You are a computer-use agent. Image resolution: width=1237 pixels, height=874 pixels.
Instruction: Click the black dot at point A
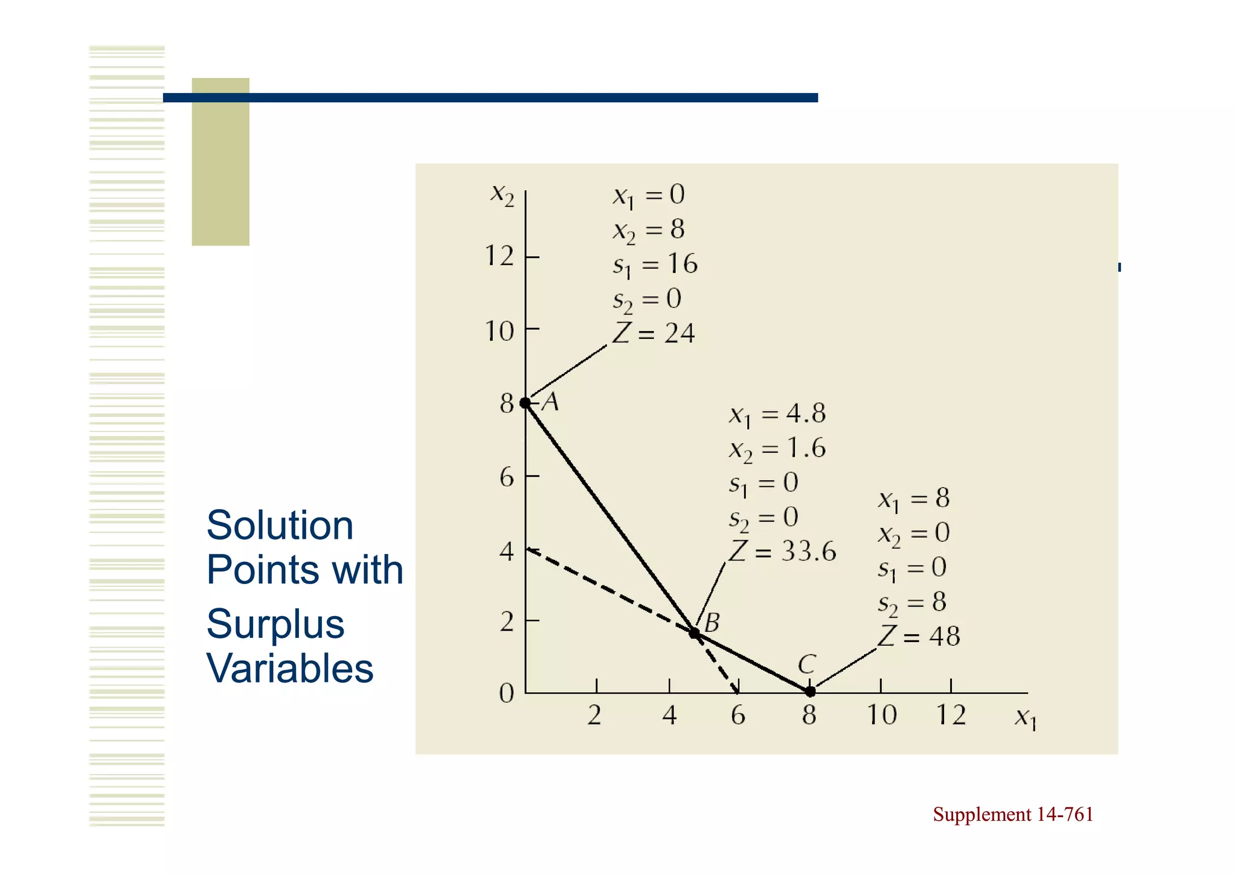[x=525, y=403]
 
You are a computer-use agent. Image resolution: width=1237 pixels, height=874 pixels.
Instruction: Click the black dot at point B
[x=695, y=633]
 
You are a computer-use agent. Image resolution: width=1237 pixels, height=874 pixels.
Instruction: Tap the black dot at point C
[x=810, y=692]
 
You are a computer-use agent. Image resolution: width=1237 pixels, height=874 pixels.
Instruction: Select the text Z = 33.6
[x=783, y=551]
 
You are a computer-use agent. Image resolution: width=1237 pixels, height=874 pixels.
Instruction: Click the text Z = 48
[x=919, y=636]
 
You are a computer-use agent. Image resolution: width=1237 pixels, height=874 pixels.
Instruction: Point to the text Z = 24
[x=654, y=333]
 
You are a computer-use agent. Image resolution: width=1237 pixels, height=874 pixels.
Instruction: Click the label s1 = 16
[x=655, y=265]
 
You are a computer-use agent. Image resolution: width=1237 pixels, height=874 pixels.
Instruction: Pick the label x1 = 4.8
[x=777, y=414]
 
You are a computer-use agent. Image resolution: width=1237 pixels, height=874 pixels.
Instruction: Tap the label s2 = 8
[x=912, y=602]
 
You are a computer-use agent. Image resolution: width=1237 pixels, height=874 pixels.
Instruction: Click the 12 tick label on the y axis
[x=500, y=257]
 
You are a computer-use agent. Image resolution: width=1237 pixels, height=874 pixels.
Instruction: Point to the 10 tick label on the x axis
[x=881, y=715]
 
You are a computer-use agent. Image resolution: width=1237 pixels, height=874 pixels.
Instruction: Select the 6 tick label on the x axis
[x=738, y=716]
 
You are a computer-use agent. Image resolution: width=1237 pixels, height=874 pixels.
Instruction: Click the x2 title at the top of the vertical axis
[x=502, y=194]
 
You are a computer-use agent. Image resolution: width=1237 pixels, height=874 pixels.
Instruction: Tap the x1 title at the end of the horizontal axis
[x=1025, y=718]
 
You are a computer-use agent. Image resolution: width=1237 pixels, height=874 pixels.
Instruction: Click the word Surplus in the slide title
[x=275, y=624]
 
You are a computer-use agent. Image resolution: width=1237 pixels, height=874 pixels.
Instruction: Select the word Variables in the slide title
[x=290, y=669]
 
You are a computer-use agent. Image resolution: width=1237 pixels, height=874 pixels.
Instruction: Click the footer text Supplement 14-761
[x=1013, y=814]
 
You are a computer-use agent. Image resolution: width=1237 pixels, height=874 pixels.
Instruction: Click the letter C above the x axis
[x=807, y=664]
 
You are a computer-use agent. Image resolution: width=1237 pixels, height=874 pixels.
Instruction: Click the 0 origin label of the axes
[x=507, y=693]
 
